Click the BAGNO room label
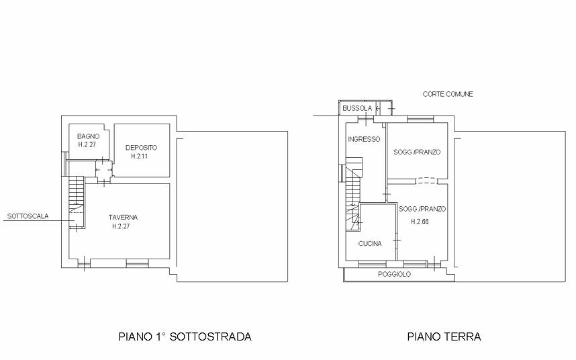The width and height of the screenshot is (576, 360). click(88, 136)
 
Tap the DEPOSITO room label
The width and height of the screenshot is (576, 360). click(141, 148)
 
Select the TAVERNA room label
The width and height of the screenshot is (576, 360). click(123, 218)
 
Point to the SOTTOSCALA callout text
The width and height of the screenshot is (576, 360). click(28, 216)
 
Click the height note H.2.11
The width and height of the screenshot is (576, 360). click(139, 156)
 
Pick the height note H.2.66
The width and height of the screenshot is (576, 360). click(420, 222)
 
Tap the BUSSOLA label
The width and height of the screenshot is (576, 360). click(357, 108)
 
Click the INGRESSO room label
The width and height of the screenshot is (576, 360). click(364, 139)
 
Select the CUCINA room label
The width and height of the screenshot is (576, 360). click(370, 244)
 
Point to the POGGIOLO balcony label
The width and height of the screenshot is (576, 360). click(395, 275)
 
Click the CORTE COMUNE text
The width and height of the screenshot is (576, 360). click(448, 94)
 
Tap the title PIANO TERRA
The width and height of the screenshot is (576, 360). click(444, 336)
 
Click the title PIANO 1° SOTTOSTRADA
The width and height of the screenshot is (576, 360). click(185, 336)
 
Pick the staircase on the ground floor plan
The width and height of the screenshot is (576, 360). click(354, 194)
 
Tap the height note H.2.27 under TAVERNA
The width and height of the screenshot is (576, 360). click(121, 226)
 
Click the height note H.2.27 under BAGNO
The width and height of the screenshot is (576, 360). click(87, 144)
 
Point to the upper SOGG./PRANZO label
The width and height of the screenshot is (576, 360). click(417, 152)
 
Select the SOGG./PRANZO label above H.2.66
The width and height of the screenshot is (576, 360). click(422, 209)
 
